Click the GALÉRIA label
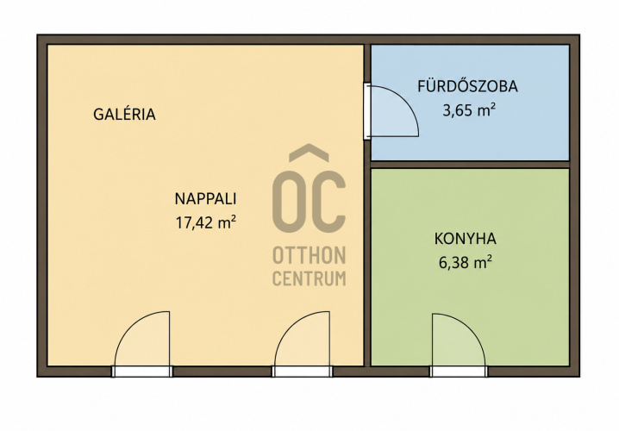click(x=124, y=115)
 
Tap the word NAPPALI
click(x=205, y=198)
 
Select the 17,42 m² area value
click(x=206, y=222)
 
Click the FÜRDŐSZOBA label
click(x=468, y=86)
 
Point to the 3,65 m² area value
click(x=469, y=110)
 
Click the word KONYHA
click(x=465, y=239)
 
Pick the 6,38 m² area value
click(x=465, y=262)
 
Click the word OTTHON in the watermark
click(x=309, y=255)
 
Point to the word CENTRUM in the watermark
click(x=309, y=278)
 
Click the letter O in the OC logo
click(x=292, y=202)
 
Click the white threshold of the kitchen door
click(x=459, y=372)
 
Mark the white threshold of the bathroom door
click(x=367, y=111)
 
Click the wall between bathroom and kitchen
click(x=470, y=165)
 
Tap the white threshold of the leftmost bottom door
click(x=142, y=372)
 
